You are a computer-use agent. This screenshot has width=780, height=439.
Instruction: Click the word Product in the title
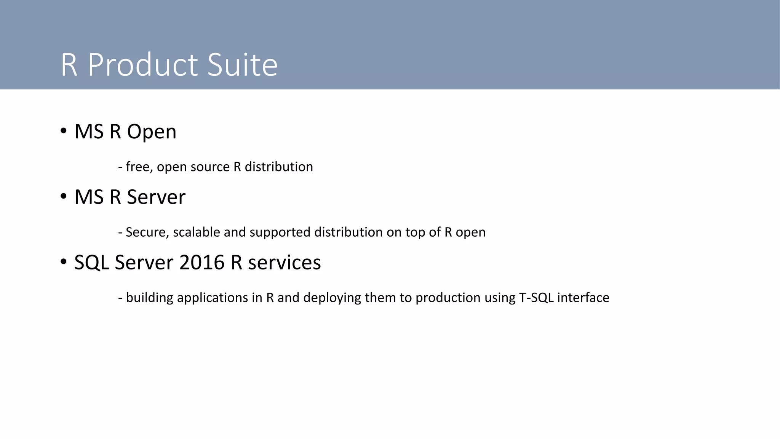(x=143, y=65)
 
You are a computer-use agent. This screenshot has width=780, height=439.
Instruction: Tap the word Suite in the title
(x=243, y=65)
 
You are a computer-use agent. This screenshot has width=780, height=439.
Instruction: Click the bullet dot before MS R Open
(x=64, y=131)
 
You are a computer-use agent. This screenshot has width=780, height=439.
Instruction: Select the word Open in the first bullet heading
(x=152, y=132)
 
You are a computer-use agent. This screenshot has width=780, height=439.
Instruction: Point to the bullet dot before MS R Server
(x=64, y=197)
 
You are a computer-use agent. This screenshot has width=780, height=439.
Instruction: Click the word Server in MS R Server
(x=156, y=197)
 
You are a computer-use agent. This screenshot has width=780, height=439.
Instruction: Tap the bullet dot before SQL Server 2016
(x=64, y=262)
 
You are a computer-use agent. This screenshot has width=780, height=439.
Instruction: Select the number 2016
(x=202, y=263)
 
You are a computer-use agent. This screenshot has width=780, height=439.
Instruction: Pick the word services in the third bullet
(x=285, y=263)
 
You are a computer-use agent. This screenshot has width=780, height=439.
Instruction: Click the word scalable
(x=197, y=232)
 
